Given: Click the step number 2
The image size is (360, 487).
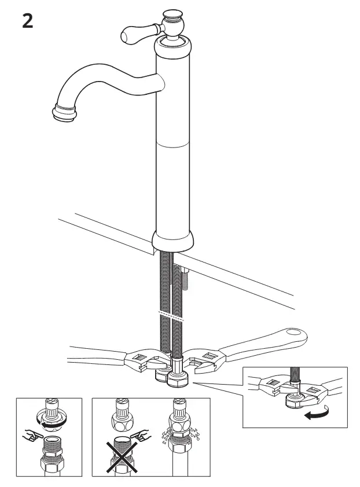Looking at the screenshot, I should click(x=27, y=22).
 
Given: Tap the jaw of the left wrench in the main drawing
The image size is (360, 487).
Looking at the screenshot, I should click(x=142, y=362).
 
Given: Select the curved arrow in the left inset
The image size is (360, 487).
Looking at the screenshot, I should click(x=54, y=424).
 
